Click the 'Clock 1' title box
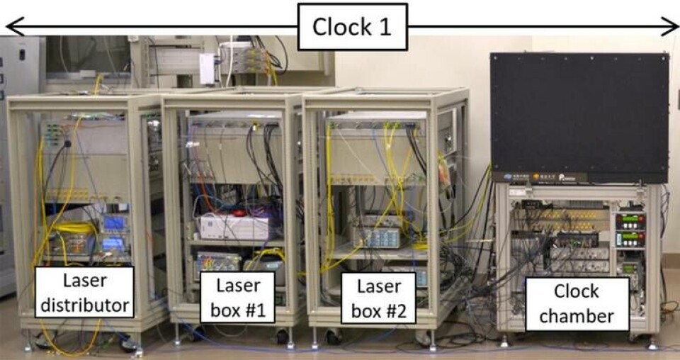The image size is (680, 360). (x=352, y=27)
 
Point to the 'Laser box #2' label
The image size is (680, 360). (x=378, y=297)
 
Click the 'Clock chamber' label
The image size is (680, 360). (x=577, y=303)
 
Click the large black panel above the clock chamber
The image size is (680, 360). (x=579, y=117)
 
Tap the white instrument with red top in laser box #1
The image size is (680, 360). (x=234, y=225)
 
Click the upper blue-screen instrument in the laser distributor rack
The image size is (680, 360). (x=114, y=223)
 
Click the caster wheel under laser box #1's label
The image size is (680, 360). (x=282, y=336)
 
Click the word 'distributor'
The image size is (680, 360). (x=85, y=305)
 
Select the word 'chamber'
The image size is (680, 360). (x=577, y=316)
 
